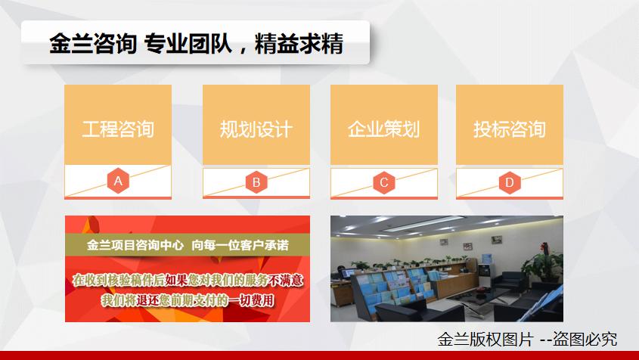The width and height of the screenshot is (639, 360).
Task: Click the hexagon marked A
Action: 118,181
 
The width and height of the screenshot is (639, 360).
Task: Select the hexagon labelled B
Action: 256,182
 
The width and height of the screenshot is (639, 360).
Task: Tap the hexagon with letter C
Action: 384,182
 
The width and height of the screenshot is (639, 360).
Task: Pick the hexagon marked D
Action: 510,182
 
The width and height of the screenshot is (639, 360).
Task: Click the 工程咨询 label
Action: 118,129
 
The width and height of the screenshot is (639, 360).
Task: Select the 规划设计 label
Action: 256,129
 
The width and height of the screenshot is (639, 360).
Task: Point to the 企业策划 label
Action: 384,129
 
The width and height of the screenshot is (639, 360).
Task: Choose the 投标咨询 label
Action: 510,129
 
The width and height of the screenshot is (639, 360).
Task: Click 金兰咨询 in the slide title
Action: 93,44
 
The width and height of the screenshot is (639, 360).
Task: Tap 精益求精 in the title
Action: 299,44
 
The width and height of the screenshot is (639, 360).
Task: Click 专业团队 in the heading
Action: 188,44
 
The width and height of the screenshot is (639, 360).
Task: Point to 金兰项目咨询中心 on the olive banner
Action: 135,245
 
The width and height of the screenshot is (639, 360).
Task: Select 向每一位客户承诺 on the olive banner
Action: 240,245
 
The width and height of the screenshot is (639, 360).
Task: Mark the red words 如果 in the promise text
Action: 177,280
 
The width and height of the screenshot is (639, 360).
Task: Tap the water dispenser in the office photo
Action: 485,270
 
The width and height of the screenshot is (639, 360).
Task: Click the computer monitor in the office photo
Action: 348,273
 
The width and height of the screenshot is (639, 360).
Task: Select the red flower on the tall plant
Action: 544,247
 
